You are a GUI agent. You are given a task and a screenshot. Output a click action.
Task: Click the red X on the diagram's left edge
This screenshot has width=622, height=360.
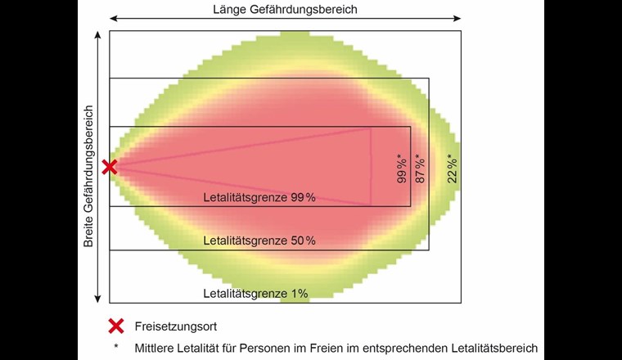pyautogui.click(x=110, y=167)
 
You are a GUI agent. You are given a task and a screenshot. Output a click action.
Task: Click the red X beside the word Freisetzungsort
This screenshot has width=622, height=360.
pyautogui.click(x=116, y=326)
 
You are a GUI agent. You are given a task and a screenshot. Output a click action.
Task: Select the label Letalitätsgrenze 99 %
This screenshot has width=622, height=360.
pyautogui.click(x=259, y=197)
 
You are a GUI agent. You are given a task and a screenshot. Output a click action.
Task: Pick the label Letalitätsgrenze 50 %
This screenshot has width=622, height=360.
pyautogui.click(x=259, y=241)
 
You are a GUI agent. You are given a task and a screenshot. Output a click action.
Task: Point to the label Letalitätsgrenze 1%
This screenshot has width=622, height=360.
pyautogui.click(x=255, y=293)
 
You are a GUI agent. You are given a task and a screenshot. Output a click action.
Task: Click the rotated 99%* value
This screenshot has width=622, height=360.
pyautogui.click(x=402, y=168)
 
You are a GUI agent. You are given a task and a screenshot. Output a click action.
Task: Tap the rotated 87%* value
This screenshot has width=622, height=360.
pyautogui.click(x=420, y=168)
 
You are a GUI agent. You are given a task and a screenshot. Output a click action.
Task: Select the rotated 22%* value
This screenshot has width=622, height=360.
pyautogui.click(x=453, y=168)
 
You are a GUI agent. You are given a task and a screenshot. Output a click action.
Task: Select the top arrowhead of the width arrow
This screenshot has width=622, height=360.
pyautogui.click(x=98, y=34)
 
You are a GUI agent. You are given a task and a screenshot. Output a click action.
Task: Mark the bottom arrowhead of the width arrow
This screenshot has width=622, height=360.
pyautogui.click(x=98, y=299)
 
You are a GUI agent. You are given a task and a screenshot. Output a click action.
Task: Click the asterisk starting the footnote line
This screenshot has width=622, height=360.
pyautogui.click(x=116, y=347)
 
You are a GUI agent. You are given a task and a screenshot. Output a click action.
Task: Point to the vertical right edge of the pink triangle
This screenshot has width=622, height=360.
pyautogui.click(x=371, y=167)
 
